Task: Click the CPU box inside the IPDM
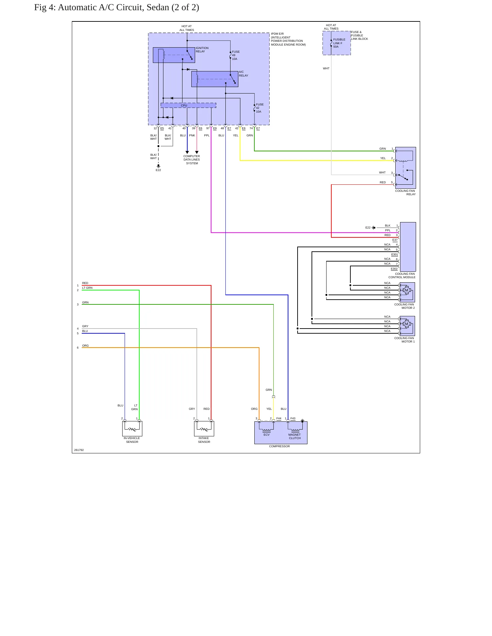(x=188, y=105)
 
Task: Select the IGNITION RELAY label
(x=202, y=50)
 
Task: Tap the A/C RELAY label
(x=243, y=74)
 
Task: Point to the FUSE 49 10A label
(x=236, y=55)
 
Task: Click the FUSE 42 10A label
(x=260, y=108)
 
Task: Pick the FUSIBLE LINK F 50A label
(x=339, y=43)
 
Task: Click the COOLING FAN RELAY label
(x=405, y=193)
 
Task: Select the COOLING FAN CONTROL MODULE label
(x=402, y=275)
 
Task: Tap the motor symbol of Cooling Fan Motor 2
(x=406, y=290)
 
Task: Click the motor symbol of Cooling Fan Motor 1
(x=406, y=324)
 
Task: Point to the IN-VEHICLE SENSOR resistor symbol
(x=132, y=429)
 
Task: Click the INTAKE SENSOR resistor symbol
(x=204, y=429)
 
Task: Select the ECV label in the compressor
(x=267, y=435)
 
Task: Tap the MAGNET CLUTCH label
(x=295, y=436)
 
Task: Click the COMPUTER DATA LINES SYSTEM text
(x=192, y=160)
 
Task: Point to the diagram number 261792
(x=79, y=450)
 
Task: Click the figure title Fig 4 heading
(x=116, y=7)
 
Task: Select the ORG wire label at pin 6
(x=85, y=346)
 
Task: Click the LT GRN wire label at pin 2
(x=87, y=288)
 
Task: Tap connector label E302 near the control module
(x=394, y=269)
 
